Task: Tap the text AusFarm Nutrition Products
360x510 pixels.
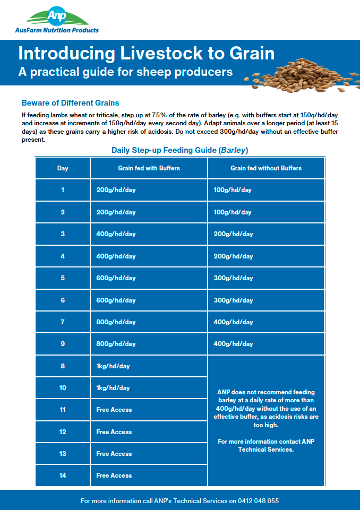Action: (x=57, y=30)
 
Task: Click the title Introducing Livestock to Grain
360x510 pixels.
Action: (x=147, y=54)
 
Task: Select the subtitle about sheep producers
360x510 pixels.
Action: (x=125, y=72)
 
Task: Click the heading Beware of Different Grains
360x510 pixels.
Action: (x=70, y=102)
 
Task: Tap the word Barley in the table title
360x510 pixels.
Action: (x=234, y=150)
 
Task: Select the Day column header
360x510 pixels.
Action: (x=63, y=168)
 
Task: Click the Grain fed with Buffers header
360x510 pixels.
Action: (x=149, y=168)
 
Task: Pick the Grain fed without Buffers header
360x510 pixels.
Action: (x=266, y=168)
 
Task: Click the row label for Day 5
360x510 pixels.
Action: (x=63, y=278)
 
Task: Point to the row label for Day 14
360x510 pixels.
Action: (x=63, y=476)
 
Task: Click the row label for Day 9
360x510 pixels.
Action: (x=63, y=344)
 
